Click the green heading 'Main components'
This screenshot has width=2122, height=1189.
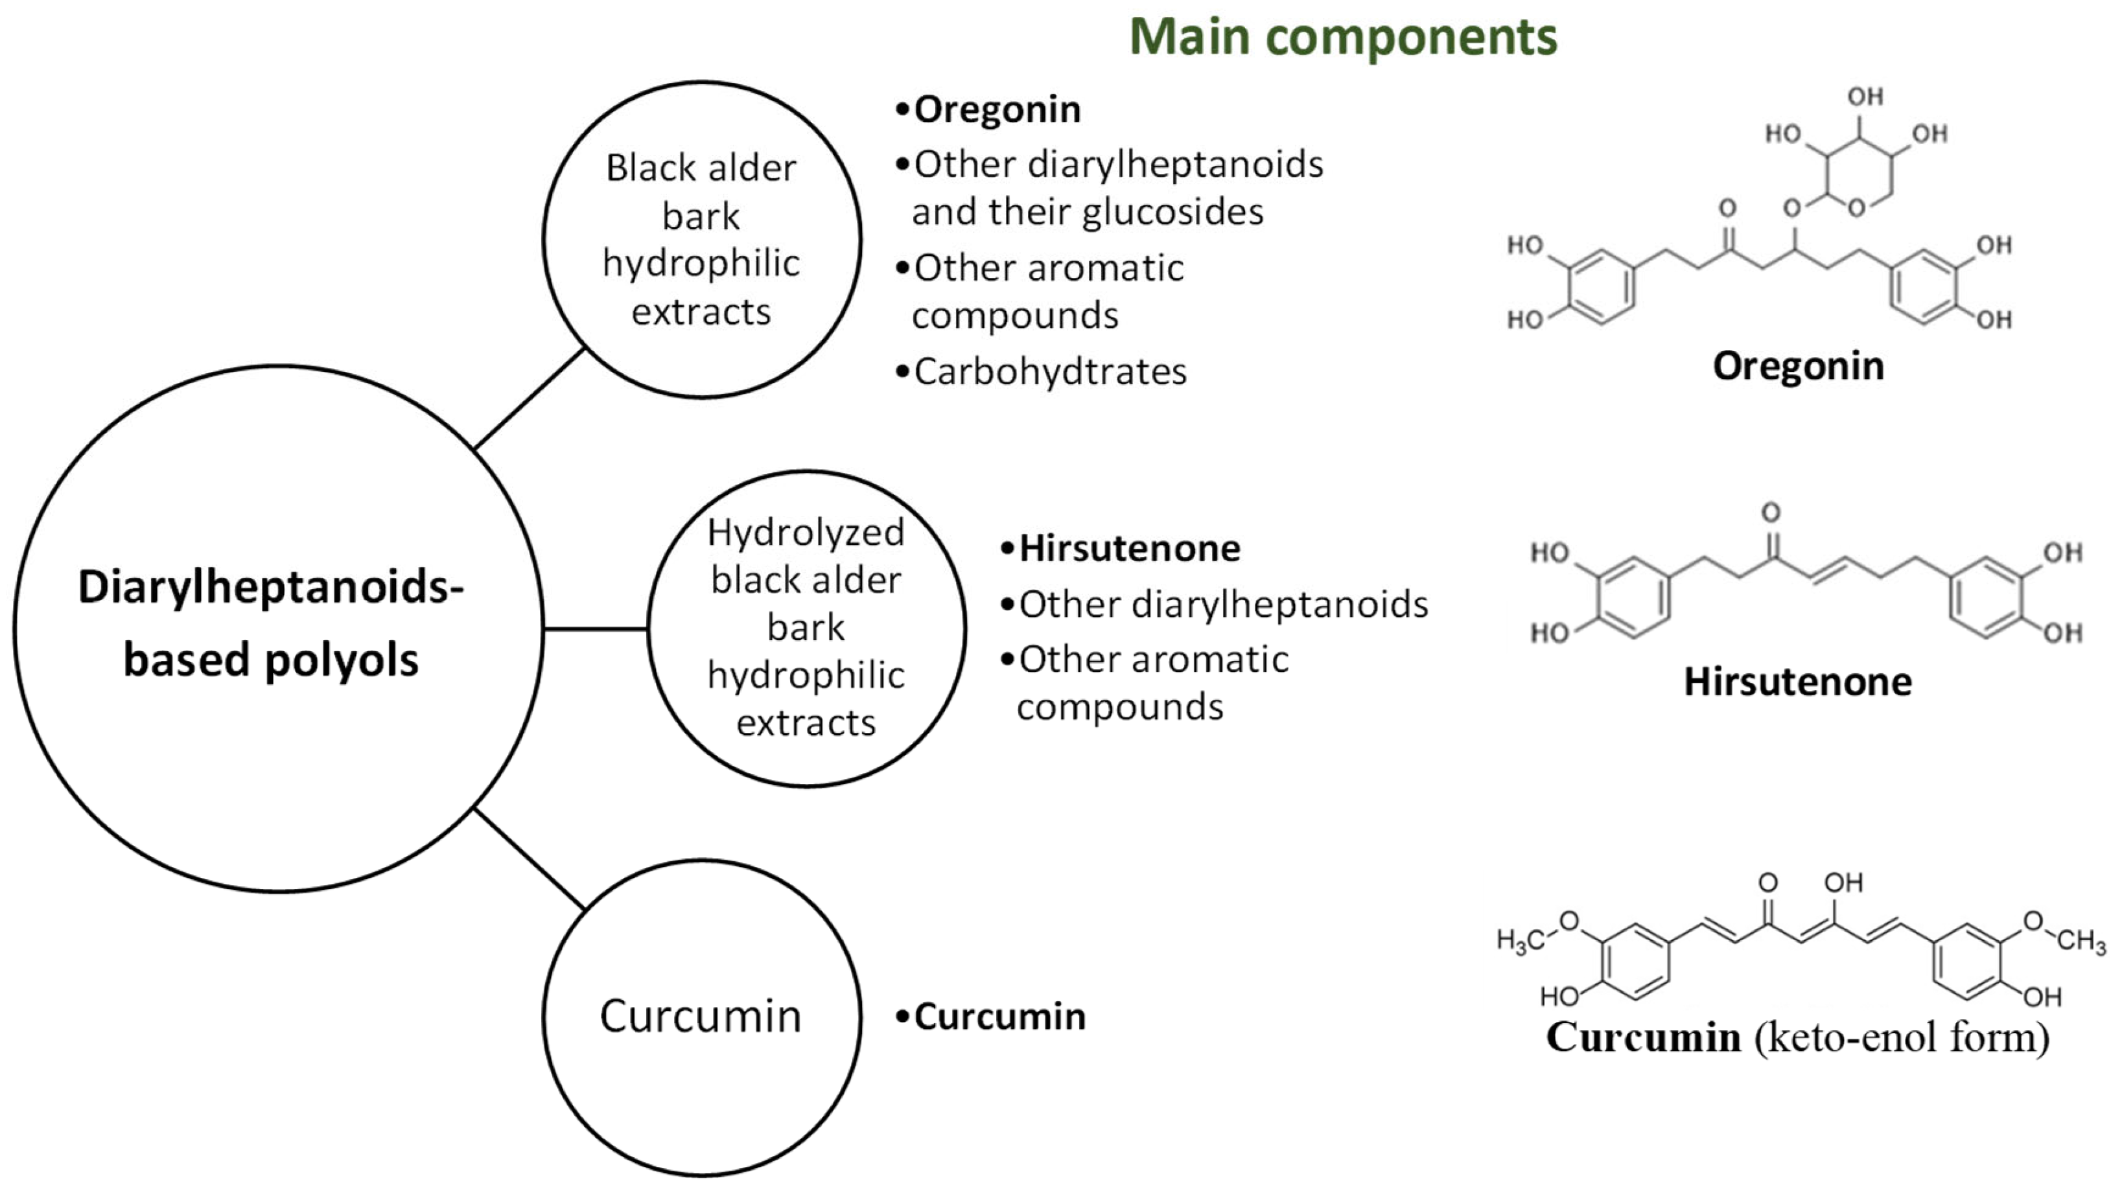(1343, 37)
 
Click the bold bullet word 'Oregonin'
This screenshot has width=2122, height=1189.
(997, 110)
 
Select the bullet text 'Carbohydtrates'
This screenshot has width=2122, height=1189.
(1049, 371)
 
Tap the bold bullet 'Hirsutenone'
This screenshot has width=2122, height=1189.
(1129, 548)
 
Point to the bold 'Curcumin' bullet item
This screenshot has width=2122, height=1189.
(999, 1017)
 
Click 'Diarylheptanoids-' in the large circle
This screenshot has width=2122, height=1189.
(271, 587)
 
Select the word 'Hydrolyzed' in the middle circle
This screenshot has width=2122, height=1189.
(806, 532)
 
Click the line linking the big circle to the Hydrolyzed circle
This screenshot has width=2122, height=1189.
(596, 629)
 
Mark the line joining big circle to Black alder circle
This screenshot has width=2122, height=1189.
(530, 398)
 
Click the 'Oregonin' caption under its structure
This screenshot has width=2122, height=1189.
(1799, 365)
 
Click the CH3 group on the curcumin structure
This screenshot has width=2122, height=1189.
(2082, 940)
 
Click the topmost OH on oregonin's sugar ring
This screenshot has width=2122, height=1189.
(1865, 97)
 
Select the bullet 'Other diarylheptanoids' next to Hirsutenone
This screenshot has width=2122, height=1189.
(1223, 605)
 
